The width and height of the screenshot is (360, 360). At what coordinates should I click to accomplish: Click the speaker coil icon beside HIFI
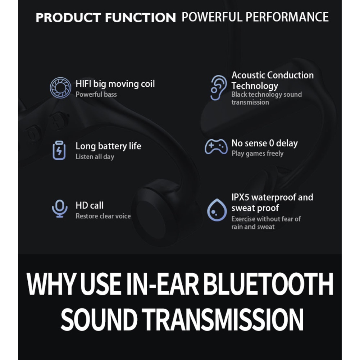point(60,88)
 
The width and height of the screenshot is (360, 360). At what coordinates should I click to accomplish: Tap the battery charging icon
point(59,150)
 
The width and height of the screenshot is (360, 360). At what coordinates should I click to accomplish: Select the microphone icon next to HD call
point(60,209)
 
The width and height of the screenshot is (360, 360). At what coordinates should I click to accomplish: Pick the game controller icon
point(216,146)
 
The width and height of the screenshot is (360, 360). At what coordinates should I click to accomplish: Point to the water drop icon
point(217,210)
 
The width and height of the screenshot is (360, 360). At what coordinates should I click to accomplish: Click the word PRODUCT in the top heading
point(68,18)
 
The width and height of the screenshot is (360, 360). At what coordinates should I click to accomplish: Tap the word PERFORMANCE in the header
point(287,17)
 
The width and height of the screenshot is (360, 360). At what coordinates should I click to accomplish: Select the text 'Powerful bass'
point(96,94)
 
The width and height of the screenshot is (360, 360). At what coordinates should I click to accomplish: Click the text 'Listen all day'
point(95,157)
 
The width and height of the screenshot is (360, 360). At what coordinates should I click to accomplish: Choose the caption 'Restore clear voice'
point(103,216)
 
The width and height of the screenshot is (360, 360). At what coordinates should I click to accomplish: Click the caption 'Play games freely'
point(258,153)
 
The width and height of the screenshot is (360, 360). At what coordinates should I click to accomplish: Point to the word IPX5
point(240,197)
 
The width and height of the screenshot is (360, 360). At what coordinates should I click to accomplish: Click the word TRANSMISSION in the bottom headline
point(223,319)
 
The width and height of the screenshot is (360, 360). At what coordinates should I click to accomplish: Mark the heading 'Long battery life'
point(108,146)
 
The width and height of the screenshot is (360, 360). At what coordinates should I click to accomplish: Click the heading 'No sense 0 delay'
point(265,143)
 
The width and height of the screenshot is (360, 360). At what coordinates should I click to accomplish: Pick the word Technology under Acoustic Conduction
point(255,86)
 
